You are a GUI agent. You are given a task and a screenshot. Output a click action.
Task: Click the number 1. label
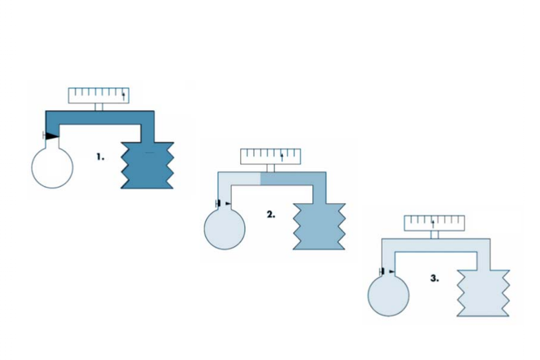101,157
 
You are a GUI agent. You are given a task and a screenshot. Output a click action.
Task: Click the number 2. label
271,215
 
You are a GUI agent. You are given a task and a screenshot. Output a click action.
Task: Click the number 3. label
435,278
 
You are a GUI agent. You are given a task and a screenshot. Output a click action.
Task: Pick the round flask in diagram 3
388,295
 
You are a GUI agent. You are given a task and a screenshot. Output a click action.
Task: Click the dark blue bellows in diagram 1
147,165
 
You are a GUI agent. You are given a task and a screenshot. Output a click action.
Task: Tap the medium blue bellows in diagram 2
319,226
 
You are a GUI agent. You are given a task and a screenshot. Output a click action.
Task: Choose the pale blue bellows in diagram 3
483,293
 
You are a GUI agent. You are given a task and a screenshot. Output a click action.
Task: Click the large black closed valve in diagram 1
51,136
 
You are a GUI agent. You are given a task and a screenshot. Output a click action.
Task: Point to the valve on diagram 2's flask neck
223,204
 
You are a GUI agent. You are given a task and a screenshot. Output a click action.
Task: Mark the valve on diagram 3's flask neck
387,271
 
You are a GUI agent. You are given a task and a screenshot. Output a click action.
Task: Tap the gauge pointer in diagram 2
282,157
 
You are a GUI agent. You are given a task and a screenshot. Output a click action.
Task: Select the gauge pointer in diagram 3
433,224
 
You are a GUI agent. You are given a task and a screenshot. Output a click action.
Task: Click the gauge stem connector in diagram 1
99,107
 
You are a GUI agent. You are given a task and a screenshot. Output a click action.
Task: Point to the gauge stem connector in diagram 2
271,168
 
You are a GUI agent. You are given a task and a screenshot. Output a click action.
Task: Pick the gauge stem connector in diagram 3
435,235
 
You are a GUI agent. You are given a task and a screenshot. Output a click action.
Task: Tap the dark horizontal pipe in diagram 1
100,118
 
